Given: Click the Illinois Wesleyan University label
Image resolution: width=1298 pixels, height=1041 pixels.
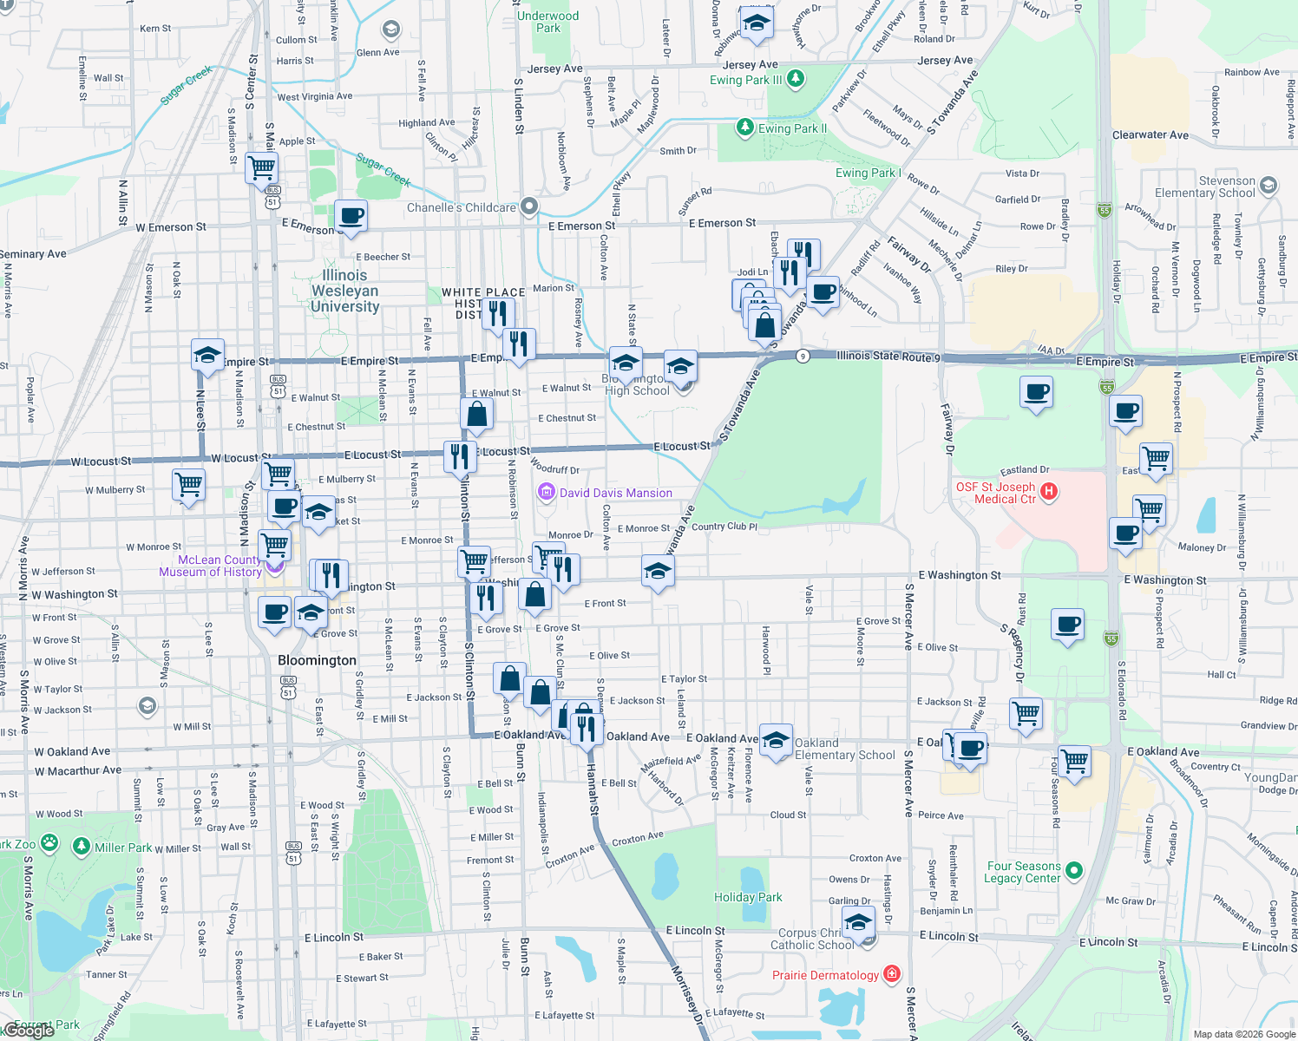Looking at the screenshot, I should click(x=345, y=291).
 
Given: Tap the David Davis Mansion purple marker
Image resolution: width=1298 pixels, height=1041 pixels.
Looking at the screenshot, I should click(x=547, y=493).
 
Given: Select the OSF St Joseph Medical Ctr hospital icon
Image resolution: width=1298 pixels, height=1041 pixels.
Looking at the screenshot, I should click(x=1049, y=492).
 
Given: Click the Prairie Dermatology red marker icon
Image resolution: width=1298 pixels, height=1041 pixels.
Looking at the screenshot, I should click(x=891, y=974).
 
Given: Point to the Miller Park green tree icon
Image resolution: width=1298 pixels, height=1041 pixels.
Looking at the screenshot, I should click(x=82, y=846).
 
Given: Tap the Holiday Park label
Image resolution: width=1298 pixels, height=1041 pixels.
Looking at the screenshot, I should click(x=748, y=897).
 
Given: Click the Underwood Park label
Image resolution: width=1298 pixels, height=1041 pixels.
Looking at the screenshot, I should click(x=547, y=22).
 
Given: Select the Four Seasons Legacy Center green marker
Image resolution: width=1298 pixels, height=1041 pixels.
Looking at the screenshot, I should click(x=1074, y=870).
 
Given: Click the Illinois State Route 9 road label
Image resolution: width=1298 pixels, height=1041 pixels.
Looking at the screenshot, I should click(x=888, y=356).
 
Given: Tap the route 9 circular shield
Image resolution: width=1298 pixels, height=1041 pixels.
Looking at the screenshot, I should click(x=803, y=356).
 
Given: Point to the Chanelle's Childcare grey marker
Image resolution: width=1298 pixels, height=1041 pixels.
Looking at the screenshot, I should click(x=529, y=206).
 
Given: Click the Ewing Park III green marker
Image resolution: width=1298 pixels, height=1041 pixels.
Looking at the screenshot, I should click(x=795, y=79).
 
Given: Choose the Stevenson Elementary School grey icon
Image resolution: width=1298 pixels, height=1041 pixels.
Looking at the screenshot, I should click(x=1268, y=185).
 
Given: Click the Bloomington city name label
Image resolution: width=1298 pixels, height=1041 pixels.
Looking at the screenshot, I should click(x=317, y=660).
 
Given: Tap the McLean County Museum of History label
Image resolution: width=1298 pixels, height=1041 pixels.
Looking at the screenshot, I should click(x=210, y=566).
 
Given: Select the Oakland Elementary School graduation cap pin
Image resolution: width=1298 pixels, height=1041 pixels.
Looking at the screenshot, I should click(x=776, y=739).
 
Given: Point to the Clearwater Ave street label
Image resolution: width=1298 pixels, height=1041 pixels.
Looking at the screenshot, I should click(x=1150, y=135).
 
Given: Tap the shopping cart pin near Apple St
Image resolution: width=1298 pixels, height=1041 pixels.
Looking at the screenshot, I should click(x=261, y=167).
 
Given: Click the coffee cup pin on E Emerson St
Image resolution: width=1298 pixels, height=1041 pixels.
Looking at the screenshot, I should click(x=351, y=215).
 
